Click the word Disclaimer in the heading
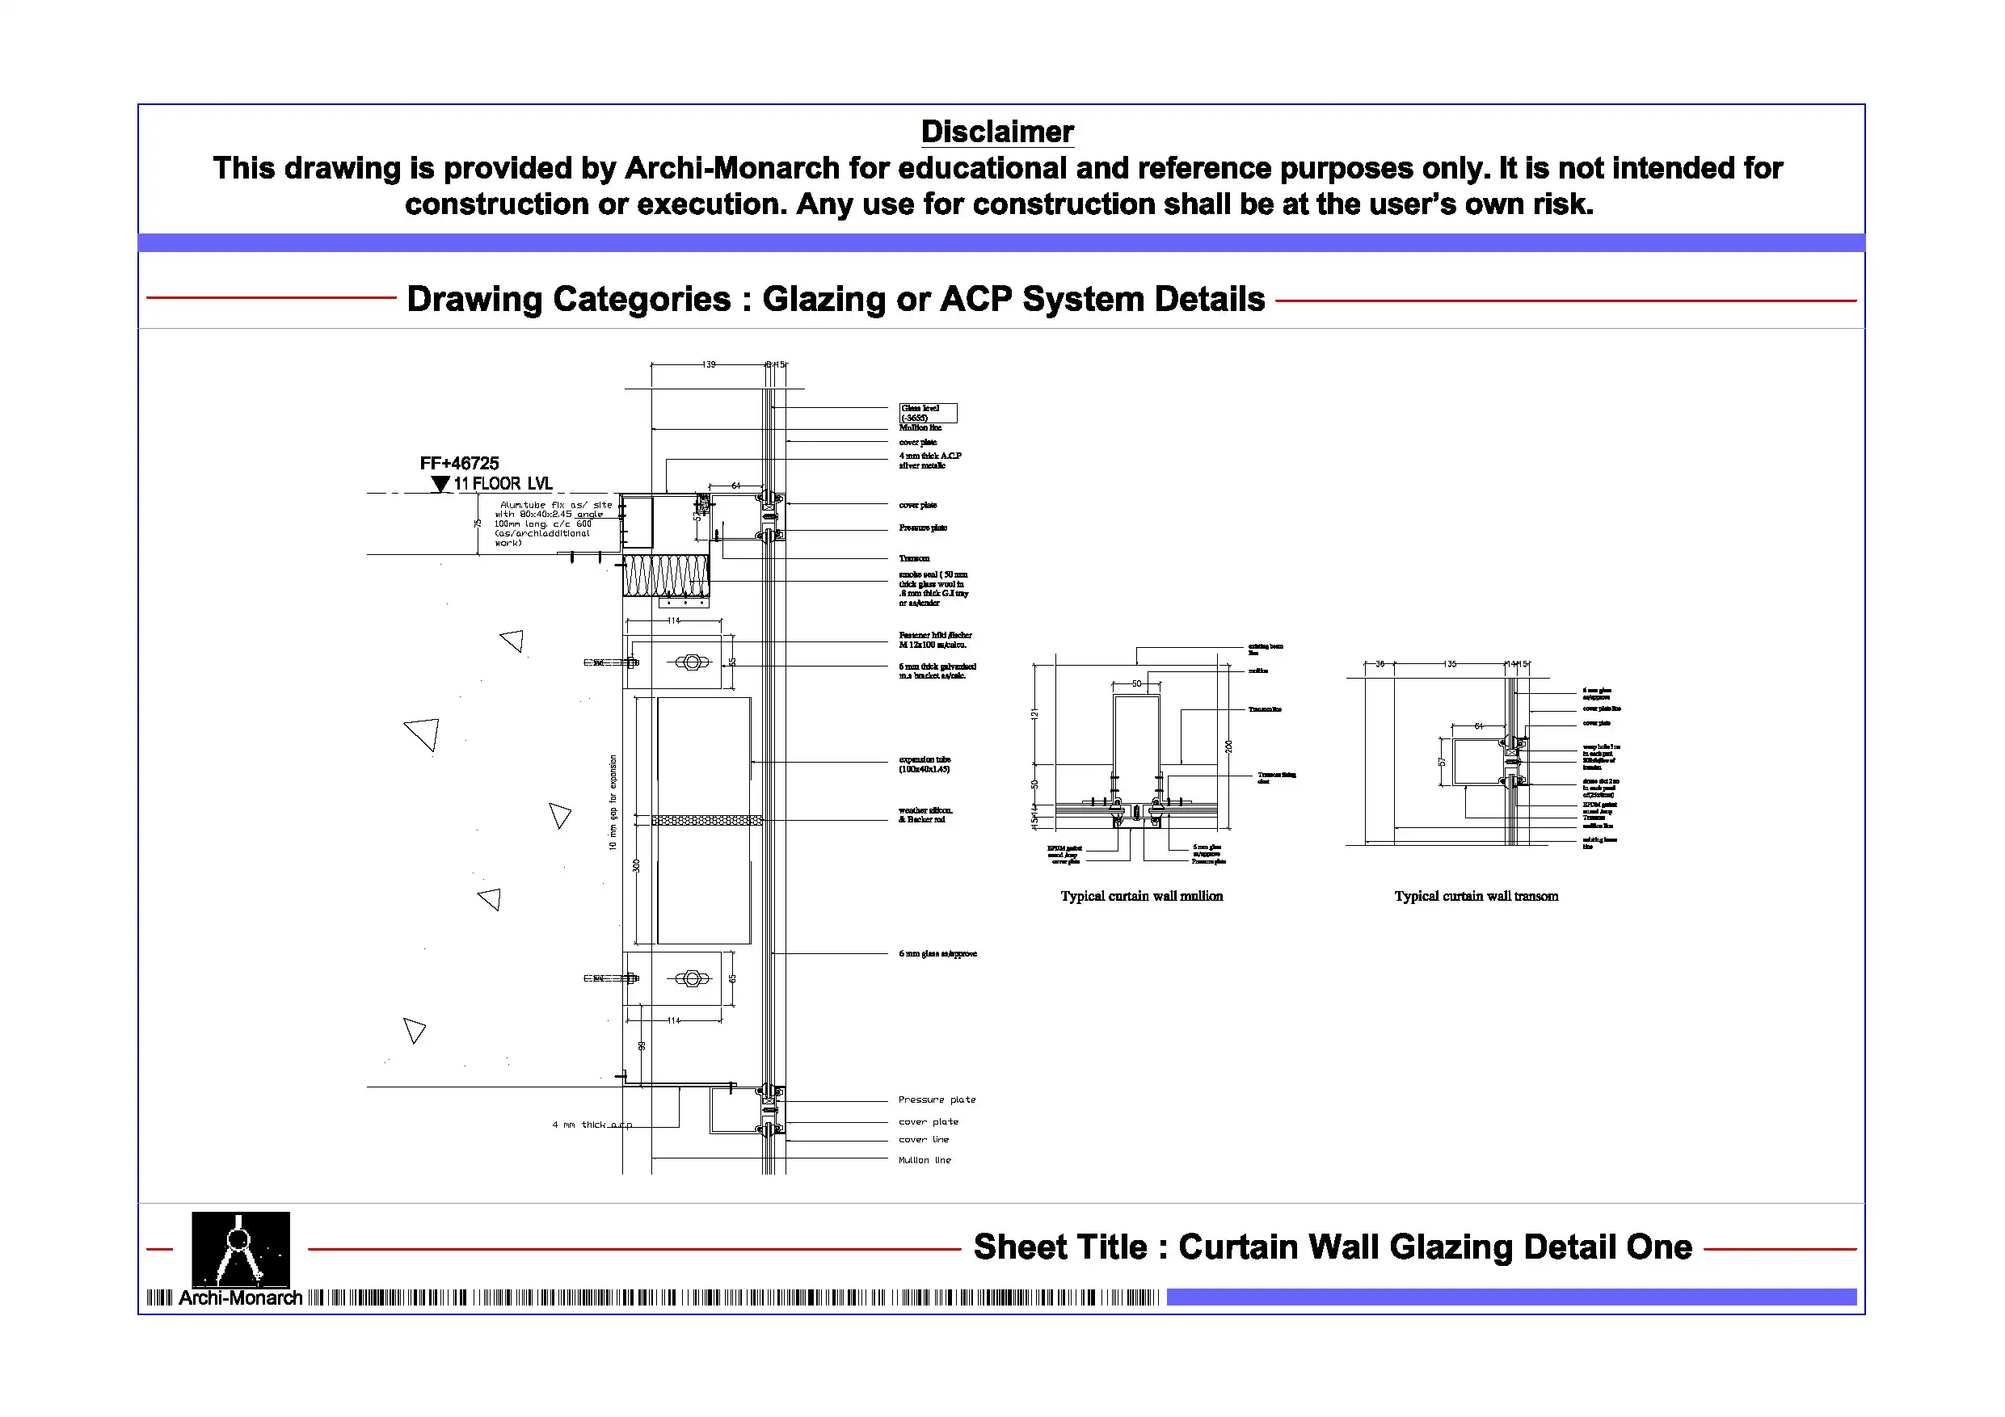997,132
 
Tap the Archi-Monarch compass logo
240,1250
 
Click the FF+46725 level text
459,464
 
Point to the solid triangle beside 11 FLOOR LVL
441,485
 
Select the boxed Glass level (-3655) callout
928,413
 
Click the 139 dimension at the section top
709,365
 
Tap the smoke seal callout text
933,588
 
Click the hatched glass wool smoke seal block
665,576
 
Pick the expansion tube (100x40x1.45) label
925,765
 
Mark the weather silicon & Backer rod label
925,815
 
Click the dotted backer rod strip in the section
706,821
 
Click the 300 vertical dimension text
637,865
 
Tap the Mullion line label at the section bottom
925,1160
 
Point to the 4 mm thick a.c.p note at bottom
592,1125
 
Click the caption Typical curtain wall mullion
1141,897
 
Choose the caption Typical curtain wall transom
1476,897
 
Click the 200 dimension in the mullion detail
1228,746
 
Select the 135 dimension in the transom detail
1450,664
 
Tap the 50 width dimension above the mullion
1137,683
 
